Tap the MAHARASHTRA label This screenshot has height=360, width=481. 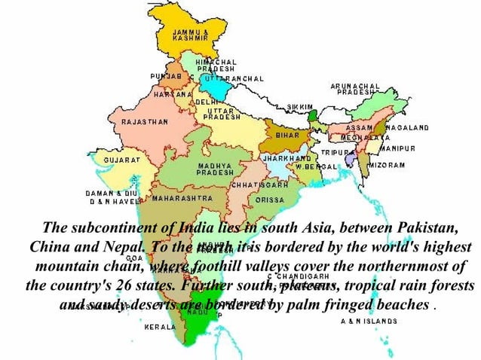[182, 199]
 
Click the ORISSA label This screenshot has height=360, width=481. [269, 200]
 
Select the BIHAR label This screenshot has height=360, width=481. [287, 133]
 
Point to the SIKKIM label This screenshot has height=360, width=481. [299, 108]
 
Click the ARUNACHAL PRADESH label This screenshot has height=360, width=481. [355, 90]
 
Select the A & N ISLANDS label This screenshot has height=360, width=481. [369, 321]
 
